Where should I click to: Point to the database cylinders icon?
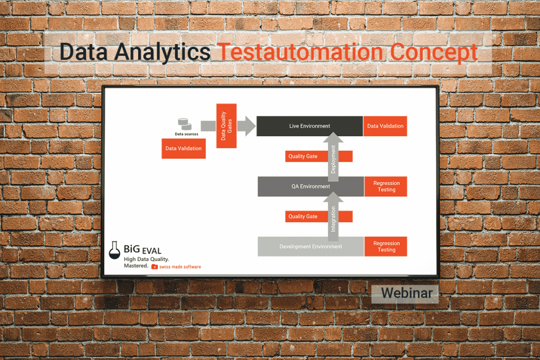(184, 124)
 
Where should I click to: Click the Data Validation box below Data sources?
(184, 149)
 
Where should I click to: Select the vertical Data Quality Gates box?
(226, 125)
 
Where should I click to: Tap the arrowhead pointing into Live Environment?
(246, 125)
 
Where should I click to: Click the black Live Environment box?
(310, 126)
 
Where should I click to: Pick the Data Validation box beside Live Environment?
(385, 126)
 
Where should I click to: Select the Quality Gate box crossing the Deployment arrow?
(303, 157)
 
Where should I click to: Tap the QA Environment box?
(310, 187)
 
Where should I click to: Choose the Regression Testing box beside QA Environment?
(386, 187)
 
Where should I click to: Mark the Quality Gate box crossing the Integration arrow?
(303, 217)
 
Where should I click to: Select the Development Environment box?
(310, 247)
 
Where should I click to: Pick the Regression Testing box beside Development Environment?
(386, 247)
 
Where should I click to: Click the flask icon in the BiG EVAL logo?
(114, 251)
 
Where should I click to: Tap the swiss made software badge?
(176, 267)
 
